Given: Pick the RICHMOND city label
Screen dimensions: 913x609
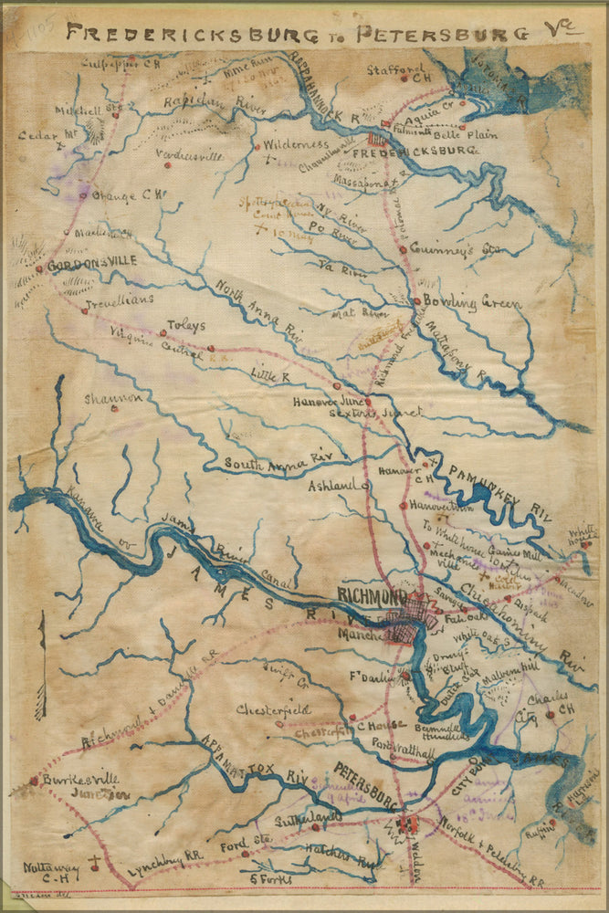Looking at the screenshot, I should [x=372, y=596].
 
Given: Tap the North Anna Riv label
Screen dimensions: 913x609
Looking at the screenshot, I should [x=260, y=310].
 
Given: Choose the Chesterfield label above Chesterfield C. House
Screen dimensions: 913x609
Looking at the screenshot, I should [x=273, y=709].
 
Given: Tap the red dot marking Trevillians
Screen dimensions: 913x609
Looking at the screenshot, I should [x=84, y=310].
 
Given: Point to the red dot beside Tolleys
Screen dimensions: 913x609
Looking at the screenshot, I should [x=210, y=347].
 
